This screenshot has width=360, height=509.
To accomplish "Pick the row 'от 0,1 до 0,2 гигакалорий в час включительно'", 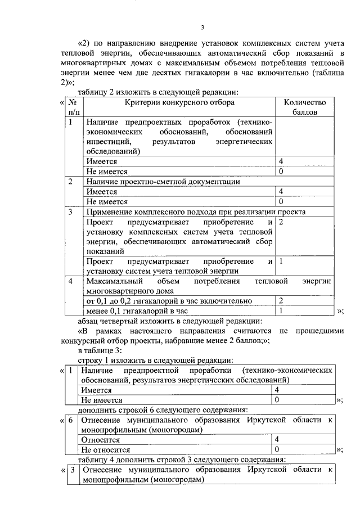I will (x=169, y=301).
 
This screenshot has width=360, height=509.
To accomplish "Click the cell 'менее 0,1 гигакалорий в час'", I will (x=135, y=310).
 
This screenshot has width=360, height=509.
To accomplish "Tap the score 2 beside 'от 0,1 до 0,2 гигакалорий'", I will (x=281, y=301).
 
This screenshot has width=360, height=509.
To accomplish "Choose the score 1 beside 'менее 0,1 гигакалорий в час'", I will (x=281, y=310).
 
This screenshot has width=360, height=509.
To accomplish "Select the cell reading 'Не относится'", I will (x=106, y=450).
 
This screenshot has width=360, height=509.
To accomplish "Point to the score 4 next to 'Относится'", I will (x=276, y=440).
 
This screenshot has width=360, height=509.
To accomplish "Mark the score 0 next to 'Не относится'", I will (x=276, y=450).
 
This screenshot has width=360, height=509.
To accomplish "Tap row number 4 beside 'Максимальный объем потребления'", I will (x=70, y=280).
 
